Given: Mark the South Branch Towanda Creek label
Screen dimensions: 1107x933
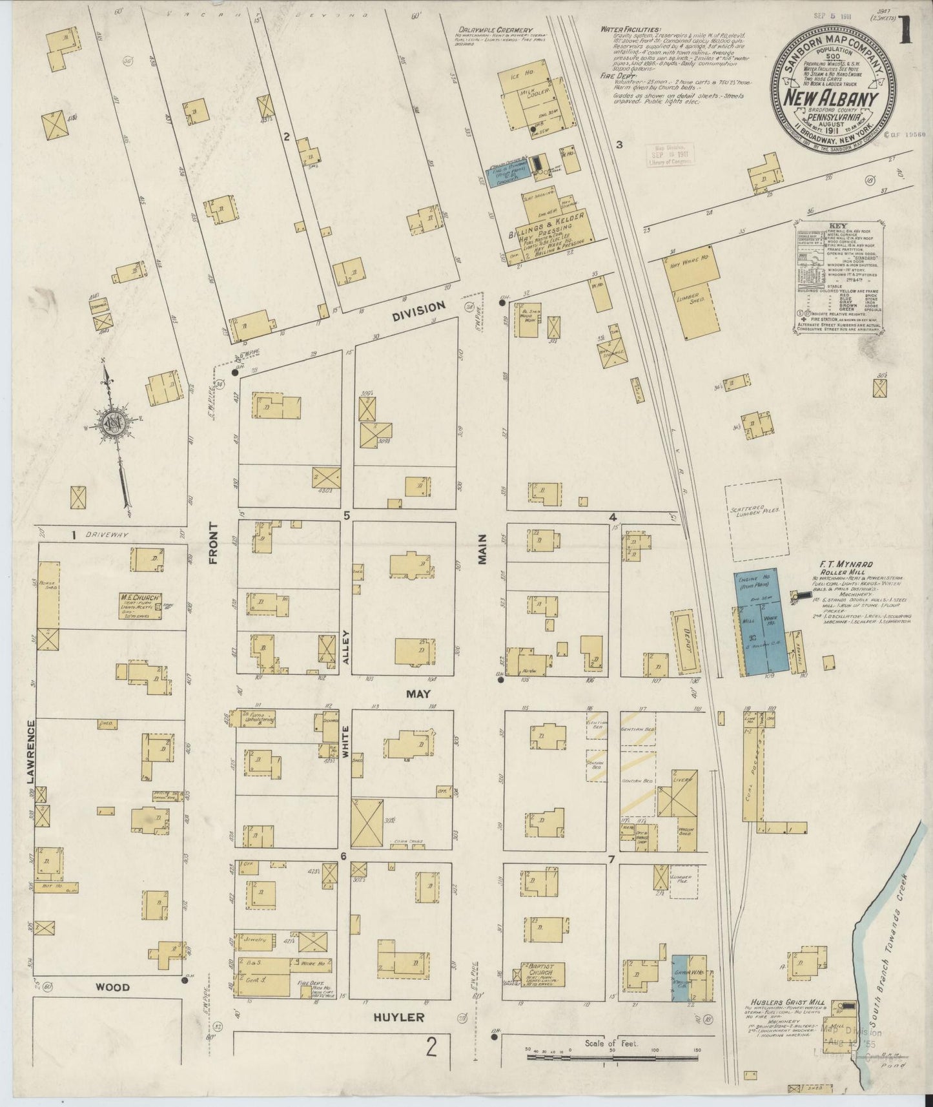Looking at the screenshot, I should pos(896,956).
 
